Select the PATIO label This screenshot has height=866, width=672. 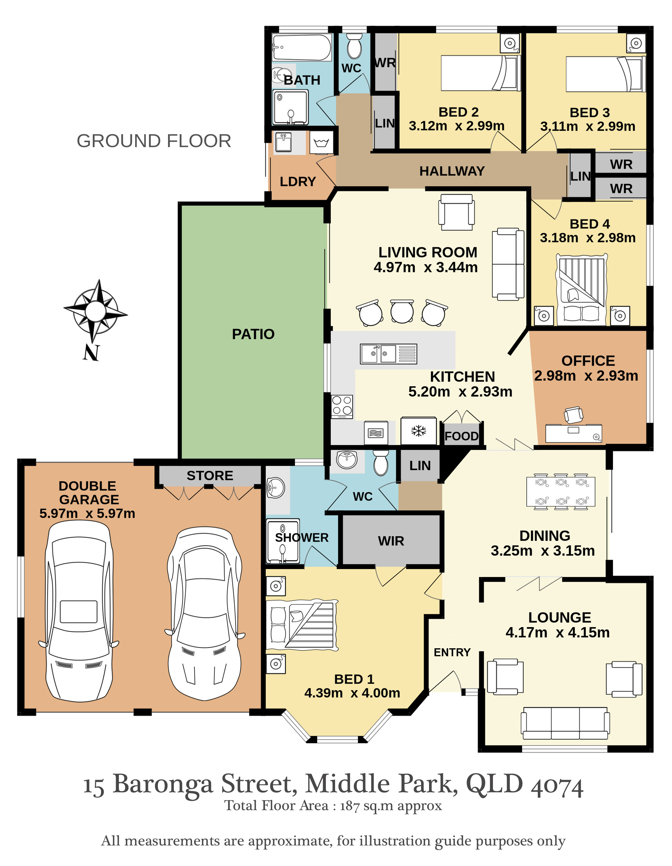(253, 334)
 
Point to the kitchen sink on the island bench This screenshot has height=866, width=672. (389, 354)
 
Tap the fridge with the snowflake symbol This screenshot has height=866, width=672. (419, 431)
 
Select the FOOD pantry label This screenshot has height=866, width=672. (462, 436)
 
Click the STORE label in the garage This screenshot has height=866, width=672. (210, 475)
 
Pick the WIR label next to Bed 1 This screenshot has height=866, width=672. (391, 541)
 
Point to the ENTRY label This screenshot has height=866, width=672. (452, 652)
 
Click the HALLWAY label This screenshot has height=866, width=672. (452, 171)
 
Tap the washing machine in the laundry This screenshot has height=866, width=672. (321, 142)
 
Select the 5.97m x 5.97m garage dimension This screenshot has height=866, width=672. (87, 513)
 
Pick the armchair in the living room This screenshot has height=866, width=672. (456, 212)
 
